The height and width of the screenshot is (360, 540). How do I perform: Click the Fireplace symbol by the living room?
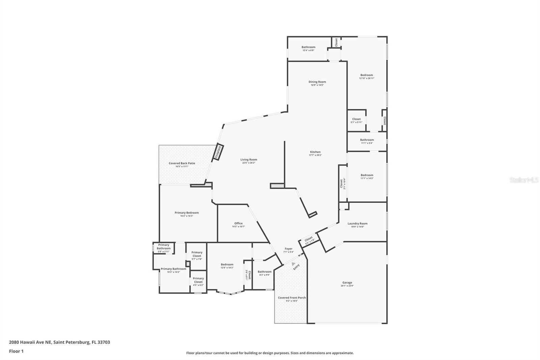(218, 152)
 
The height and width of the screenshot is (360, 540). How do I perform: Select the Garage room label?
(347, 283)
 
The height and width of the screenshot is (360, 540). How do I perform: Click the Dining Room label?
(317, 82)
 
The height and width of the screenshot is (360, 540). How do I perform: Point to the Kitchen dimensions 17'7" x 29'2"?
(315, 155)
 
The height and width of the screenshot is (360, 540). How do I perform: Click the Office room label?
(238, 223)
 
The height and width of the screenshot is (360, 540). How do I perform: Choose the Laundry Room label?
(357, 223)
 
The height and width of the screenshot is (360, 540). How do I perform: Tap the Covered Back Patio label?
(182, 163)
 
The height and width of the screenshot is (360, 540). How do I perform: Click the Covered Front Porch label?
(292, 298)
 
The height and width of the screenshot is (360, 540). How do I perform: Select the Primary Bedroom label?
(187, 213)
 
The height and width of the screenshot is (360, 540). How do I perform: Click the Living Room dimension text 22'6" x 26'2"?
(249, 163)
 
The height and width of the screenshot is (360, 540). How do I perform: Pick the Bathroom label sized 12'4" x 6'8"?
(308, 47)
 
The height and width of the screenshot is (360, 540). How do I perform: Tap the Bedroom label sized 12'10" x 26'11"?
(367, 75)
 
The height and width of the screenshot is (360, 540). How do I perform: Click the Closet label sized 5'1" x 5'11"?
(356, 119)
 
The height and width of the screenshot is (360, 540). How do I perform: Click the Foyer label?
(289, 249)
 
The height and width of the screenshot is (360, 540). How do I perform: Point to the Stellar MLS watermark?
(524, 180)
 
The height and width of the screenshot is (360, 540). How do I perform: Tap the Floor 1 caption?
(16, 351)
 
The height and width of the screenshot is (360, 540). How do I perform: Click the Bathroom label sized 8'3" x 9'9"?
(265, 272)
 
